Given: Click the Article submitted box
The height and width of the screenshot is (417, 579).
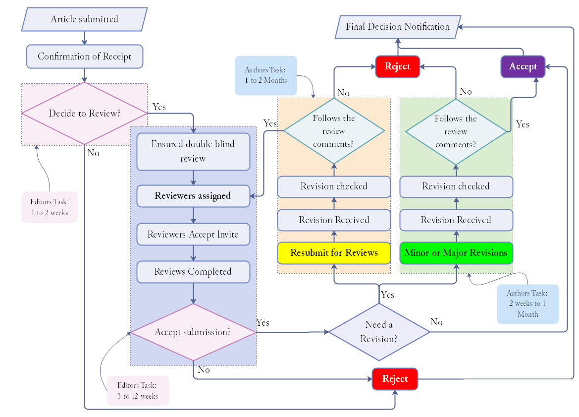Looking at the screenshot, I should click(x=84, y=19).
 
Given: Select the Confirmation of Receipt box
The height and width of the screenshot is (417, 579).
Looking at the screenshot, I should click(x=84, y=57).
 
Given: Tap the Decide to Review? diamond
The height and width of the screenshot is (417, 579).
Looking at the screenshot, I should click(x=84, y=114).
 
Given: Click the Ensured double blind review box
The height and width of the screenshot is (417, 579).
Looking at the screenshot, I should click(x=193, y=151).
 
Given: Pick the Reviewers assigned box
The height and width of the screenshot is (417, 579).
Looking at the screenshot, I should click(x=193, y=196).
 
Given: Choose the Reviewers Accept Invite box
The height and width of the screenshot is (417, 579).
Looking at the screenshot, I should click(x=193, y=235).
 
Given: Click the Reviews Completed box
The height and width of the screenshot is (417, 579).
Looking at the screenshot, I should click(x=193, y=272).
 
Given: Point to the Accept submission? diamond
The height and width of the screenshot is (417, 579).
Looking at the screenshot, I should click(x=193, y=332).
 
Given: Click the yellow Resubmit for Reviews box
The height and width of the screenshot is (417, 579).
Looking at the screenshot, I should click(x=334, y=253).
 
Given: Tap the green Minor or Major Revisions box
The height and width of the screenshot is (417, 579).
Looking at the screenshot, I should click(x=456, y=253).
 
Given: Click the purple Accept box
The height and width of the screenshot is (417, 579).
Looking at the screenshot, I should click(x=523, y=67).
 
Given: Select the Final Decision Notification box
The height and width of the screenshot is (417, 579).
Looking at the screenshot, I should click(x=398, y=27).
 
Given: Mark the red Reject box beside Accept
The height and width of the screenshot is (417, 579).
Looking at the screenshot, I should click(x=397, y=67).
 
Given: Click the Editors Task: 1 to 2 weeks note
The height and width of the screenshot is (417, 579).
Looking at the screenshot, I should click(x=50, y=207).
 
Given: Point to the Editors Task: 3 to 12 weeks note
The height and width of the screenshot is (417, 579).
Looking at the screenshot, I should click(x=138, y=391).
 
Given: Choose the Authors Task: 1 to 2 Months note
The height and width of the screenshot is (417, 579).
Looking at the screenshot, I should click(x=265, y=75).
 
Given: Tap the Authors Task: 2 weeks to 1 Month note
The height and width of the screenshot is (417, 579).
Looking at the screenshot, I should click(x=527, y=304).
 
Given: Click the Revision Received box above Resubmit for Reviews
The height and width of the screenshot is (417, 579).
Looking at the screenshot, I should click(x=334, y=220).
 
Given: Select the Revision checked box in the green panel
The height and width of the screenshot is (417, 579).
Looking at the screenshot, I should click(x=456, y=186).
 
